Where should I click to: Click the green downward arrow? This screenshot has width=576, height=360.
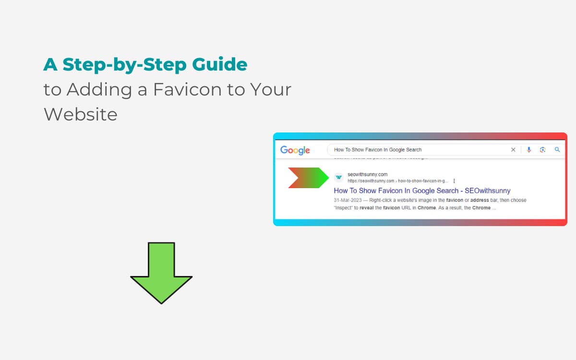pos(161,271)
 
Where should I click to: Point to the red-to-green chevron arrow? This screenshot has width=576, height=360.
pos(307,178)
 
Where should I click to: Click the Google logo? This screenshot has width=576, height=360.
pos(295,150)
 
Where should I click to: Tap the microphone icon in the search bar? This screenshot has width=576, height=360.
pos(529,150)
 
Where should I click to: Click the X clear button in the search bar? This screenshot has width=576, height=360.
pos(513,150)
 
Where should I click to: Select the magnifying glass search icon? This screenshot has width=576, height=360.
pos(557,150)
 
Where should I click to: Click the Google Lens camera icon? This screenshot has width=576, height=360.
pos(543,150)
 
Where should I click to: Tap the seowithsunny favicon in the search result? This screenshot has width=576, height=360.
pos(339,177)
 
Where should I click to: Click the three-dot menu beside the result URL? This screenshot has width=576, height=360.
pos(454,181)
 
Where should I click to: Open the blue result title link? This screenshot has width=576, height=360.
pos(422,191)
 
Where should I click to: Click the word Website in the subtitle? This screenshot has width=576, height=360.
pos(80,114)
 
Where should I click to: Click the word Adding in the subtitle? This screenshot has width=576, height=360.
pos(100,89)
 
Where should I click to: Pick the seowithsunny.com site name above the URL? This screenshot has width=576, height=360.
pos(367,174)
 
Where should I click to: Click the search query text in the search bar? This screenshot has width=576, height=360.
pos(377,150)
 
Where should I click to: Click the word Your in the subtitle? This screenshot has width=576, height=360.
pos(271,89)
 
